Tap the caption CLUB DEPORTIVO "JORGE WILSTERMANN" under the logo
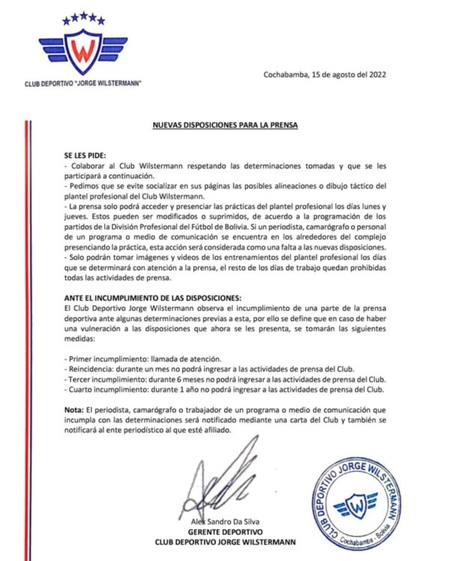click(x=84, y=82)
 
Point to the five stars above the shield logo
click(x=83, y=16)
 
